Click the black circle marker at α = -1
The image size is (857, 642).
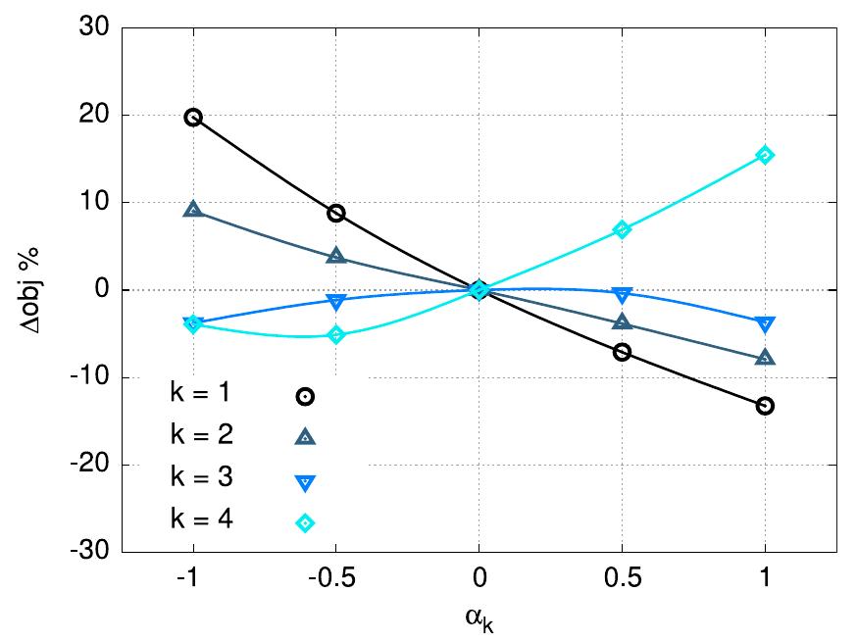(x=193, y=118)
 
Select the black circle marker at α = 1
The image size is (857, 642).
(x=765, y=405)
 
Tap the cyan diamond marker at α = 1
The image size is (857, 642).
(x=765, y=155)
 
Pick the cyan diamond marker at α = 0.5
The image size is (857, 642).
(x=622, y=229)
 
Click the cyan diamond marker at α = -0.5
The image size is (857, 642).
(x=336, y=334)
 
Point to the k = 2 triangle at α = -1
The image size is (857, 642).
(x=193, y=210)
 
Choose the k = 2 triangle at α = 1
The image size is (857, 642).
(x=765, y=358)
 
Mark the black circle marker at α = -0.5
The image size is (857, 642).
(x=336, y=213)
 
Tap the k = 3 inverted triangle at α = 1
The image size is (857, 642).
(x=765, y=323)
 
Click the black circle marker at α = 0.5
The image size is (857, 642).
(x=622, y=352)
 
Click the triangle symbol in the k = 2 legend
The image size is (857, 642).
(x=305, y=437)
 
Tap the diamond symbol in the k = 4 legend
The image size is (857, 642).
(x=305, y=522)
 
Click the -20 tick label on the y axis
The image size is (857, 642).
(x=89, y=465)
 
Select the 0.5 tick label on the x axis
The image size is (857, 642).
(x=622, y=577)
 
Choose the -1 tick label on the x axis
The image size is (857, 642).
(x=193, y=577)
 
